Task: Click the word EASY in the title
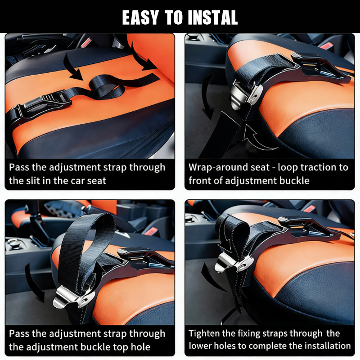(140, 18)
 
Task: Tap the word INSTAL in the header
(213, 18)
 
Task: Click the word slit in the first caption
(33, 181)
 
